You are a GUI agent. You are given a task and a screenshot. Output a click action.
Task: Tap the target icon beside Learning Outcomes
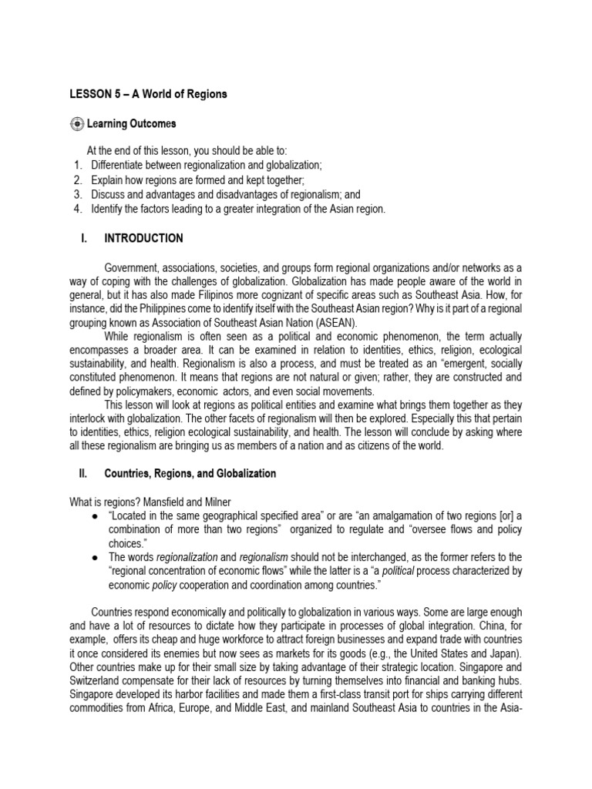75,123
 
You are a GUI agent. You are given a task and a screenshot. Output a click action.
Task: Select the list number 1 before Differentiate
77,165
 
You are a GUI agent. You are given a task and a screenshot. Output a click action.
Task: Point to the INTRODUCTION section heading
143,238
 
